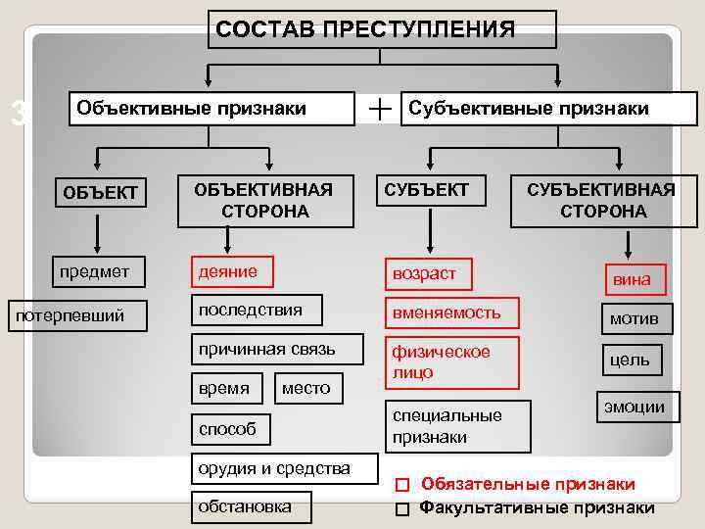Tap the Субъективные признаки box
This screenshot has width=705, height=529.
click(x=529, y=108)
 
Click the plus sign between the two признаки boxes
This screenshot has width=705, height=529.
click(x=379, y=108)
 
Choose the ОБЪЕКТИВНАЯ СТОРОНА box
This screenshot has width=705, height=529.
click(x=264, y=200)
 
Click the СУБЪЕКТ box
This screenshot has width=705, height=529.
click(x=427, y=190)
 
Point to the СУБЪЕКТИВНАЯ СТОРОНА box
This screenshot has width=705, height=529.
click(x=601, y=200)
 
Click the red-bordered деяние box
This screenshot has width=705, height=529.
click(x=232, y=271)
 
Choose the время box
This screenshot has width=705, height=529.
click(x=224, y=389)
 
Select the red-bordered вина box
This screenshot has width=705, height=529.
click(x=632, y=280)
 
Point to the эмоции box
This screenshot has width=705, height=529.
click(x=633, y=408)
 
